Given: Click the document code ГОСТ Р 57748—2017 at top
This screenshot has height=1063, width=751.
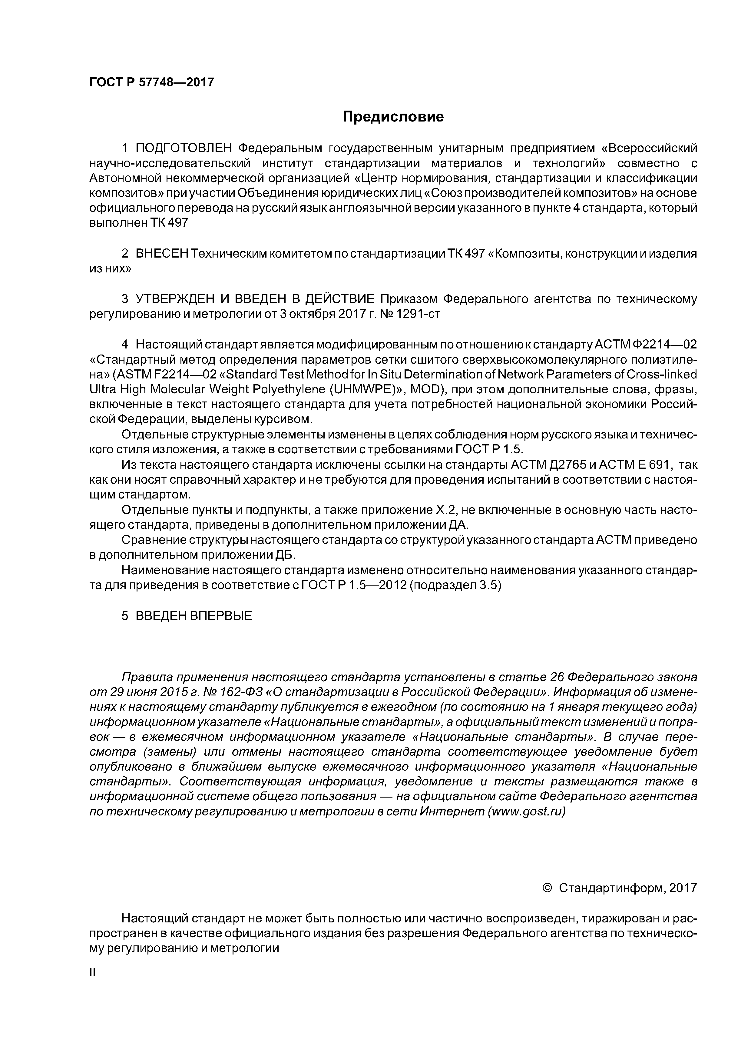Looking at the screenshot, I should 151,82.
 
